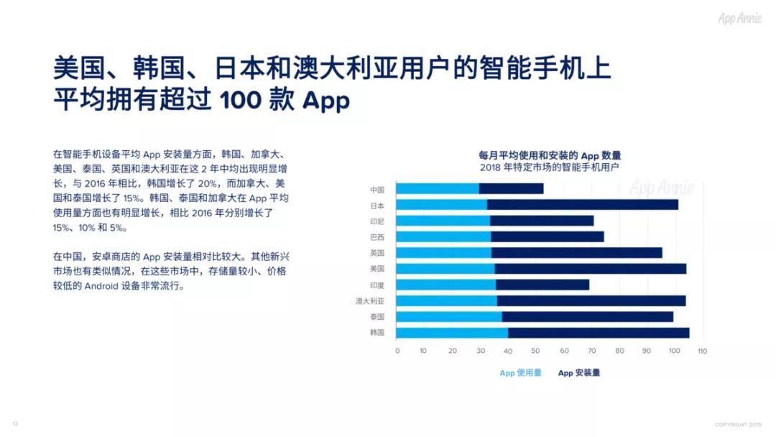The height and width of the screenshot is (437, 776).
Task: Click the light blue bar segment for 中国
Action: [438, 189]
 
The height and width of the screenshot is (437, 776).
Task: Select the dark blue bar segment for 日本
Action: [583, 205]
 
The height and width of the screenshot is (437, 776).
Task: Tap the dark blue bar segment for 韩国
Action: [599, 333]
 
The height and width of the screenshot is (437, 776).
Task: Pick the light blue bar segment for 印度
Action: [445, 285]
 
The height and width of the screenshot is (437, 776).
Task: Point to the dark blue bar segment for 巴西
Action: [548, 236]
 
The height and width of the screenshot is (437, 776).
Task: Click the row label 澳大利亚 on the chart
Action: [370, 301]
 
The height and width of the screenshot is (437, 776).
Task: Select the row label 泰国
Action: [377, 317]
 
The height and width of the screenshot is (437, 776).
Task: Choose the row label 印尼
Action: [377, 221]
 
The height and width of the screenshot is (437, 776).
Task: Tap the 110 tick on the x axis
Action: [702, 351]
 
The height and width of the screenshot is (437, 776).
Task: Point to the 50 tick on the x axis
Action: [536, 351]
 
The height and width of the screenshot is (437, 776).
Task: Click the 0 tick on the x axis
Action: [397, 351]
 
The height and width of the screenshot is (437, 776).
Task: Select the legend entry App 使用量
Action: [520, 373]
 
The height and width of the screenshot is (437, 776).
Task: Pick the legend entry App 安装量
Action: [579, 373]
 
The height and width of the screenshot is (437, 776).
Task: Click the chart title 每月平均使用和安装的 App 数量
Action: [550, 155]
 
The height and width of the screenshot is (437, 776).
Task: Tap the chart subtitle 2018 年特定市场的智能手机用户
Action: [550, 167]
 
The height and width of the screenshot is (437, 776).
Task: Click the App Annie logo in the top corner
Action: [740, 19]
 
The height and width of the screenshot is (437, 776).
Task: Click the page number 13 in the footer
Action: [14, 423]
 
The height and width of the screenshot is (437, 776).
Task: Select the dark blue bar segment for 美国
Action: [590, 269]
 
